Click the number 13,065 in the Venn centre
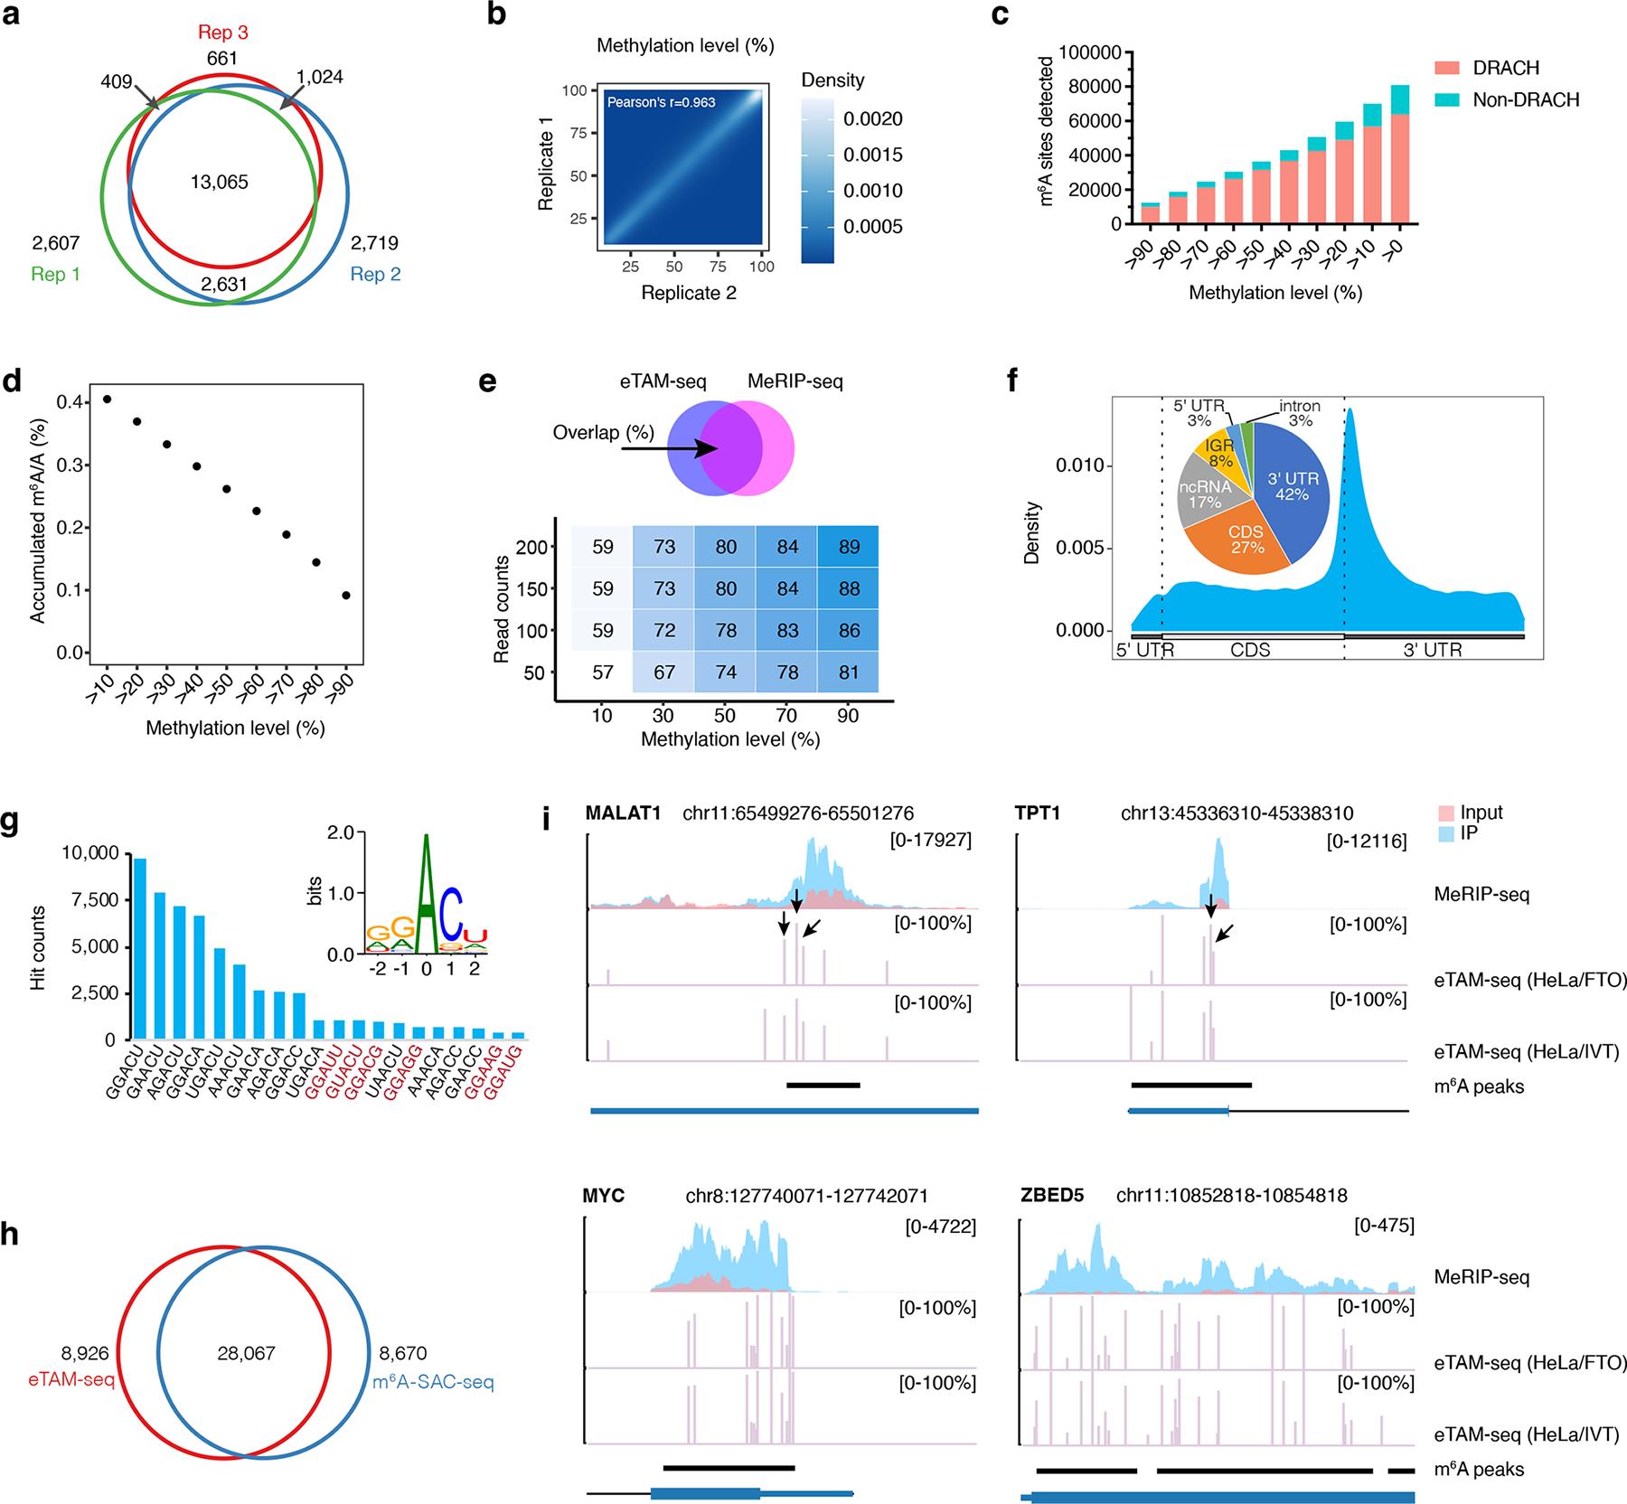coord(219,182)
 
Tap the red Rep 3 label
coord(222,33)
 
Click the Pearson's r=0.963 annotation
coord(661,102)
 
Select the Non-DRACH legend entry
coord(1526,99)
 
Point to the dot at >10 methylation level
coord(108,399)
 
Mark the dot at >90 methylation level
coord(346,596)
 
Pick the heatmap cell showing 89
coord(849,547)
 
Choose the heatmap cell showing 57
coord(602,672)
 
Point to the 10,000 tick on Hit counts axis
coord(92,853)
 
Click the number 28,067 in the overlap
coord(246,1353)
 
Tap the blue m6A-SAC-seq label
coord(433,1383)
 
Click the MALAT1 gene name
coord(618,813)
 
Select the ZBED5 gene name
coord(1050,1196)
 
